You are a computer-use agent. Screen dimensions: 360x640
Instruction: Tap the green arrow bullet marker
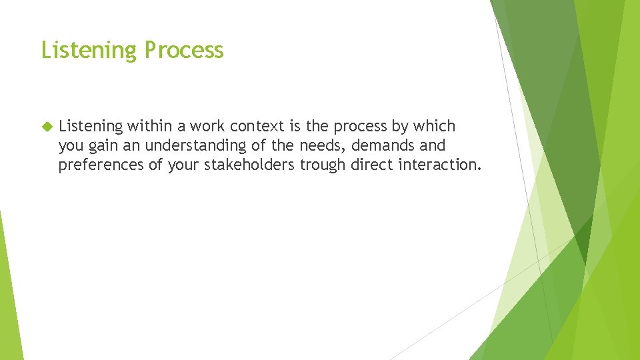pos(46,126)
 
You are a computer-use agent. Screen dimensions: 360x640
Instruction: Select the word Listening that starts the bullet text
pos(91,126)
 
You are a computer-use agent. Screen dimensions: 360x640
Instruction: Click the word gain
pos(105,145)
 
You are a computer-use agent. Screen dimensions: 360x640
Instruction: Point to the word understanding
pos(195,145)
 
